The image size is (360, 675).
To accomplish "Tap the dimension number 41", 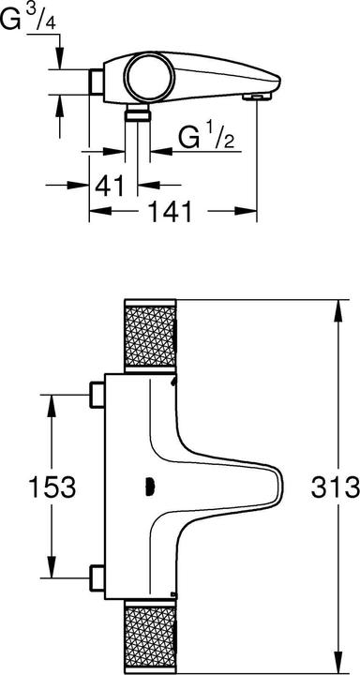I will [x=110, y=184].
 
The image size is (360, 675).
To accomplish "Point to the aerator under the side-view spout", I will [x=253, y=96].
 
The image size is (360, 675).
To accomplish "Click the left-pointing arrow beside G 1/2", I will [x=158, y=149].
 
